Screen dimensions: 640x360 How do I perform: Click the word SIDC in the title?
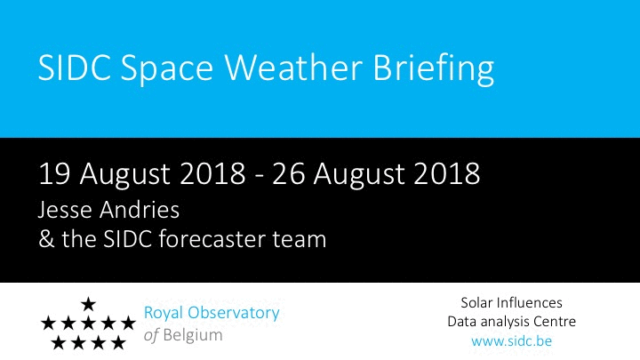75,67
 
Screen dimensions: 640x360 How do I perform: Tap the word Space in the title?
166,70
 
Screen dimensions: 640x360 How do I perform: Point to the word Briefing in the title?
434,69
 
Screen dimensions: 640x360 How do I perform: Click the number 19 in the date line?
54,174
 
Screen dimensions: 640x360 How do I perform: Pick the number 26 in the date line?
288,174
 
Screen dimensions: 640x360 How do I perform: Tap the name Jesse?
65,210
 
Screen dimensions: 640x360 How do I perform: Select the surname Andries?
140,210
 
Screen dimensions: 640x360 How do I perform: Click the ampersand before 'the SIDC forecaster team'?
46,239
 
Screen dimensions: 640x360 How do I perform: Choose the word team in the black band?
300,240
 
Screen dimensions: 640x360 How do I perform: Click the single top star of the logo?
88,304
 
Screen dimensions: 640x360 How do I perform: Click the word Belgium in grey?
193,335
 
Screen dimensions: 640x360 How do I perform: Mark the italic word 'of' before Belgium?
151,335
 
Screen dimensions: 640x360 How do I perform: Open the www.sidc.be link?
511,340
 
